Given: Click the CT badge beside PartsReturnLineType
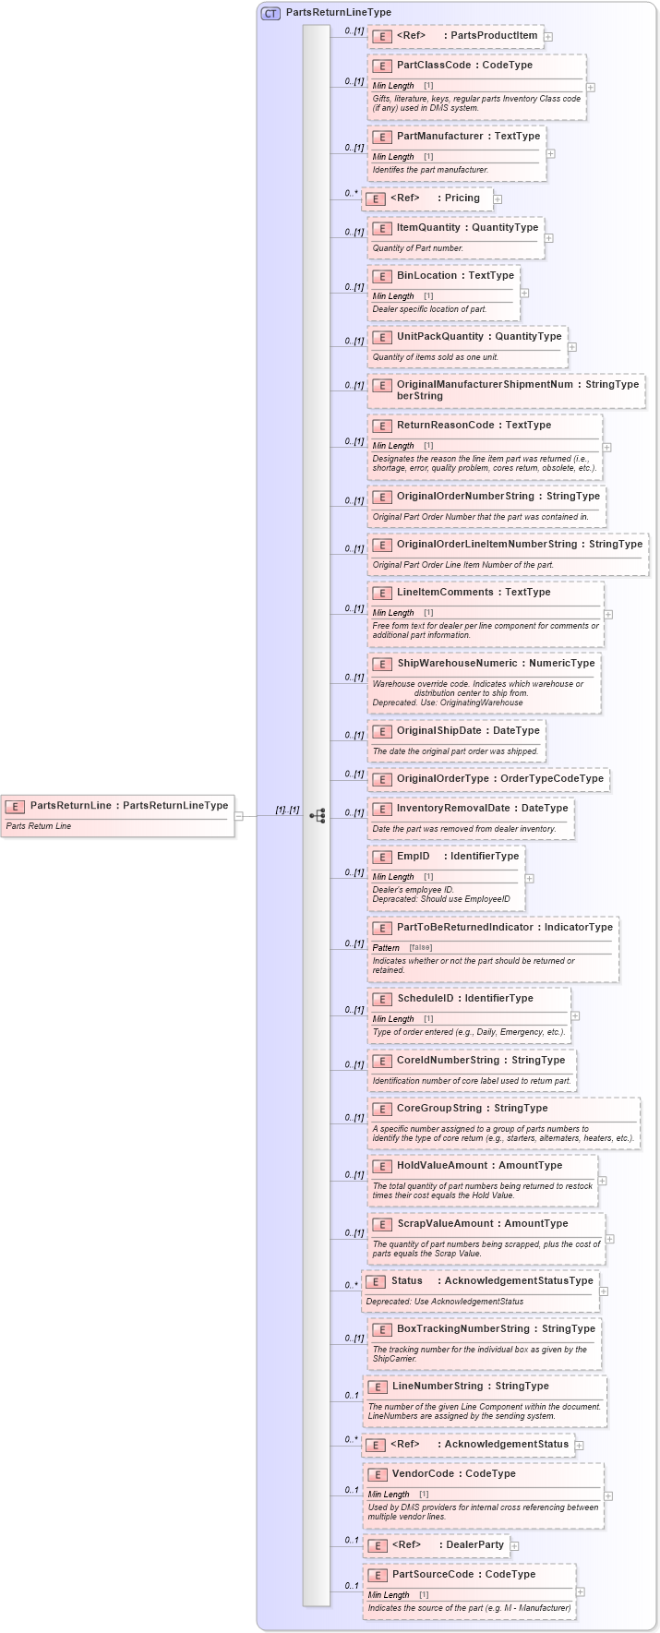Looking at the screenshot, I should pyautogui.click(x=270, y=13).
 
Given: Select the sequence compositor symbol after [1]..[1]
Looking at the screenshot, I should pyautogui.click(x=318, y=816).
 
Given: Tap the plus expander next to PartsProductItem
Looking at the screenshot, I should pyautogui.click(x=548, y=37).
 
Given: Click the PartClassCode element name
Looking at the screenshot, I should pyautogui.click(x=433, y=66).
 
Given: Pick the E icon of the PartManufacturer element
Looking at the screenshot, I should pyautogui.click(x=382, y=137).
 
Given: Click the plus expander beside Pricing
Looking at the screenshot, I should pyautogui.click(x=498, y=198).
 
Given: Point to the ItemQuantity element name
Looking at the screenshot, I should pyautogui.click(x=428, y=227).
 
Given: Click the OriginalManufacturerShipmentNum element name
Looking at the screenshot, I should pyautogui.click(x=485, y=384).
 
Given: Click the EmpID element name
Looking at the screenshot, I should pyautogui.click(x=414, y=856).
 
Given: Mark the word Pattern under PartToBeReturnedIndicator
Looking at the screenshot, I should pyautogui.click(x=386, y=948).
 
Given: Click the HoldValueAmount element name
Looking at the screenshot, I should pyautogui.click(x=441, y=1165).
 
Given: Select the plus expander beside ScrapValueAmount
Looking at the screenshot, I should pyautogui.click(x=610, y=1239).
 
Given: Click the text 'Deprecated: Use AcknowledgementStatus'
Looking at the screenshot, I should pyautogui.click(x=445, y=1302).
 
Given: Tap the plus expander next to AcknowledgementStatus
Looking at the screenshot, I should pyautogui.click(x=580, y=1445).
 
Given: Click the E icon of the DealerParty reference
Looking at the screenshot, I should pyautogui.click(x=377, y=1545).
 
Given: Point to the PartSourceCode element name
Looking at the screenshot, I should pyautogui.click(x=438, y=1574).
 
